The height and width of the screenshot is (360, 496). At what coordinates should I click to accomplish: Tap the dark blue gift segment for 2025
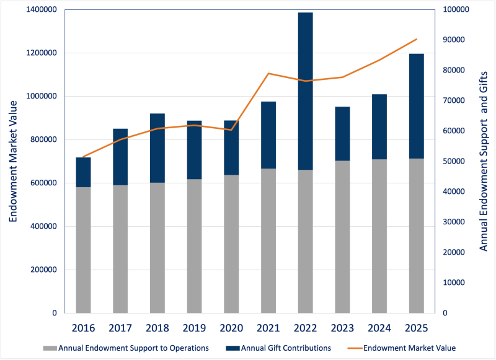point(416,106)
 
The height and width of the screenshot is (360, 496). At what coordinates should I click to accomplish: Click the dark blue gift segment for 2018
point(157,148)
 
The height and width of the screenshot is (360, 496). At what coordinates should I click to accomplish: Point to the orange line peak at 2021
point(268,74)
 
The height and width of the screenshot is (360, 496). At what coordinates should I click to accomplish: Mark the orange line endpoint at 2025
point(416,39)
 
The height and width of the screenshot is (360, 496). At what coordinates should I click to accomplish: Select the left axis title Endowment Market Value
point(14,161)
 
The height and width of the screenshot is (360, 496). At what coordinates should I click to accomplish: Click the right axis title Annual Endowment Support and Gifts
point(484,161)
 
